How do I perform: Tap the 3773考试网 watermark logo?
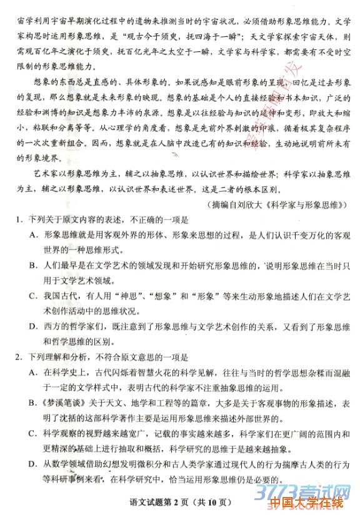(312, 486)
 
